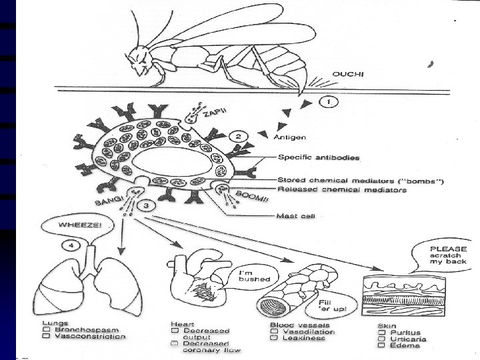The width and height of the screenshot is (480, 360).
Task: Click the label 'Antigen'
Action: [291, 138]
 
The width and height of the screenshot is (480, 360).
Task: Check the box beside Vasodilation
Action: [274, 332]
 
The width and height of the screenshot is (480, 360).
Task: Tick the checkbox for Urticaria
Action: [382, 339]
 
